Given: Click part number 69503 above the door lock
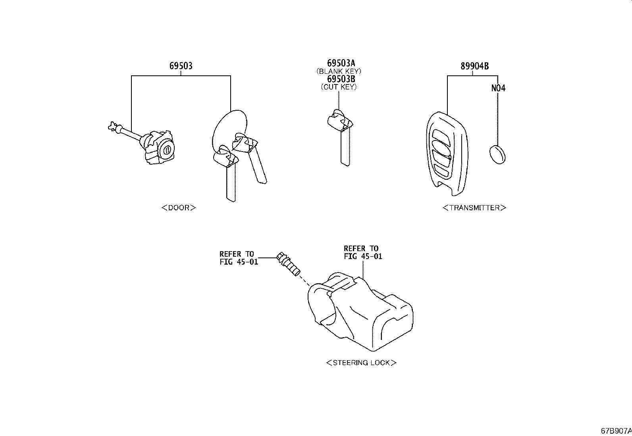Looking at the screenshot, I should (181, 66).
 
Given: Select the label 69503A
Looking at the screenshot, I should (341, 63).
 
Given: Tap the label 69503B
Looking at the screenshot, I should (341, 79).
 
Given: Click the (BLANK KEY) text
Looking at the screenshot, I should (339, 71).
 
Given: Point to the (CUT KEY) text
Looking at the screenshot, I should (339, 87).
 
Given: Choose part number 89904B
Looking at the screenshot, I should (474, 66).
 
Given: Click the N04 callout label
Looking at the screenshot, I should (498, 88).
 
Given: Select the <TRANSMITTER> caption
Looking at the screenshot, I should (474, 207).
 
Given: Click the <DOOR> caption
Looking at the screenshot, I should (179, 207).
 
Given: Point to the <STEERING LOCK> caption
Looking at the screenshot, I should (361, 363).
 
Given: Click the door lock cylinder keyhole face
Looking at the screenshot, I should (167, 150).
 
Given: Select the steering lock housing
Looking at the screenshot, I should (361, 313).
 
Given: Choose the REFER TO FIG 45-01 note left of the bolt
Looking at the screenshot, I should (239, 258).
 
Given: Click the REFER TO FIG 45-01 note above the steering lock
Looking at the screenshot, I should (363, 252).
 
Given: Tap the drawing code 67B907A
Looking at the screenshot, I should (616, 431).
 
